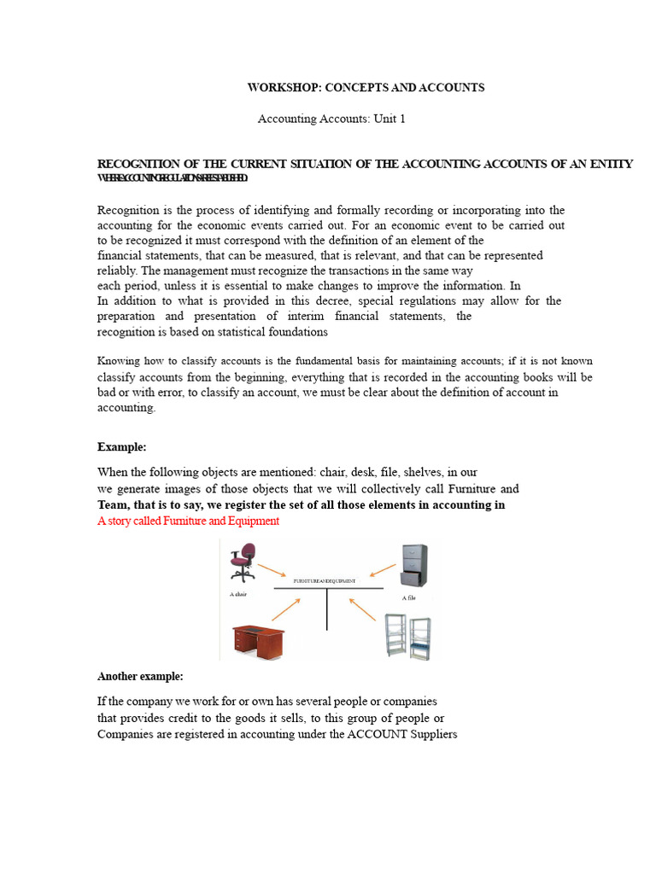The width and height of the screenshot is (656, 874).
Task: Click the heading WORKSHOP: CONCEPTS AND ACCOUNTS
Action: [x=366, y=88]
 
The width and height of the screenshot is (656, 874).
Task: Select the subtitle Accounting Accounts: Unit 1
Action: [x=331, y=119]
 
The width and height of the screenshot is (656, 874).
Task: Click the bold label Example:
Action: [x=121, y=446]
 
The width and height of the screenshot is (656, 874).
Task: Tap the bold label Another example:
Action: [x=140, y=676]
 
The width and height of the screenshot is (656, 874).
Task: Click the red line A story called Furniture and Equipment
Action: [x=188, y=521]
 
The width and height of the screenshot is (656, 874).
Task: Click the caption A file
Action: [x=408, y=598]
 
